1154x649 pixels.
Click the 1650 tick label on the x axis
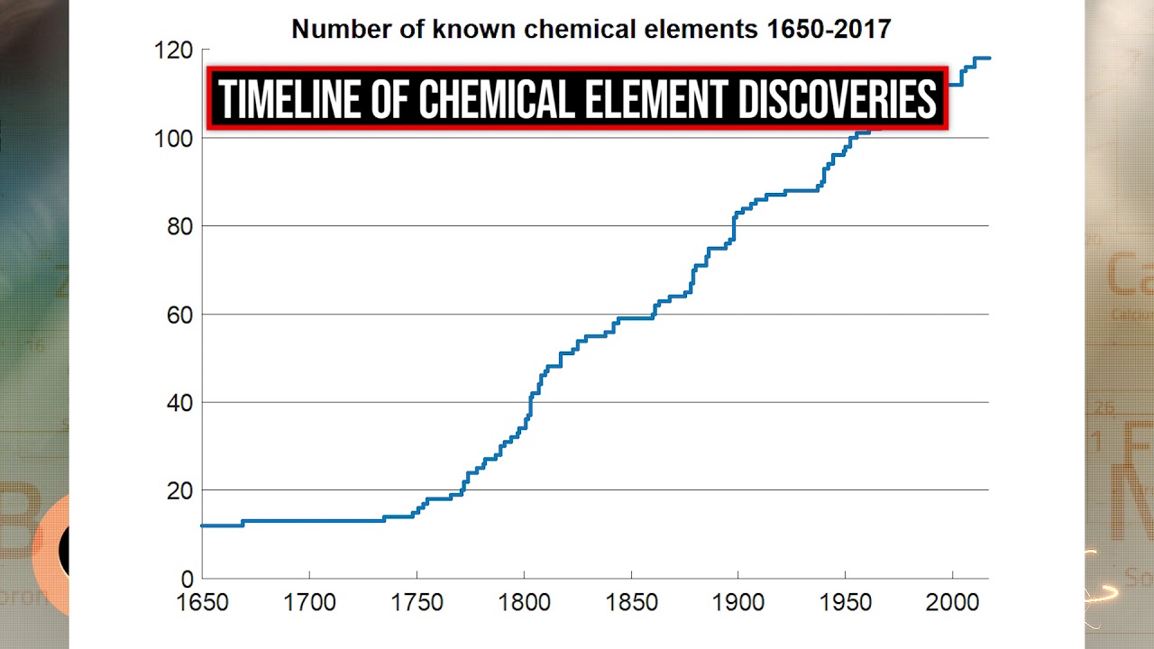[x=203, y=602]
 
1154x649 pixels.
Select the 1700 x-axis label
[x=309, y=602]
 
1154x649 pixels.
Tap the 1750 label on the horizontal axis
[x=417, y=602]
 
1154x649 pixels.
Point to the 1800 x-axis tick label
[x=524, y=602]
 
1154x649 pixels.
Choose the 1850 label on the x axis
[x=630, y=602]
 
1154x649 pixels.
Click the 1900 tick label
[x=737, y=602]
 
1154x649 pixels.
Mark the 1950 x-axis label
[x=845, y=602]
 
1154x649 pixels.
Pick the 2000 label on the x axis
[x=952, y=602]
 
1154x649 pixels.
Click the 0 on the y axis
[x=187, y=579]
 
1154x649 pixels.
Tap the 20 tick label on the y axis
[x=180, y=490]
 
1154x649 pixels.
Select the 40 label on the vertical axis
[x=180, y=403]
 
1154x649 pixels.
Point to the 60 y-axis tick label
[x=180, y=315]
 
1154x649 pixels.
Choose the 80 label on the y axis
[x=180, y=226]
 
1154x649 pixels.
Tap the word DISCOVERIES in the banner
[x=838, y=98]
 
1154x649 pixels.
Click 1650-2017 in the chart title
[x=828, y=29]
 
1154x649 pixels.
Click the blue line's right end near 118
[x=988, y=59]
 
